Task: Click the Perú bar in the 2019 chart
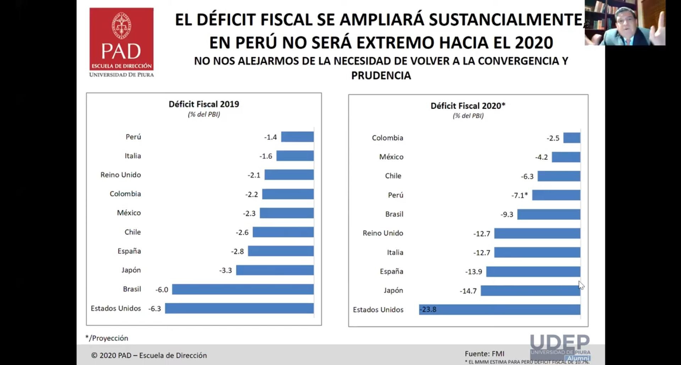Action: pos(297,137)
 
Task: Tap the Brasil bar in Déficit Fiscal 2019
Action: pos(243,289)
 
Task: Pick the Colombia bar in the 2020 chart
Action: pos(572,138)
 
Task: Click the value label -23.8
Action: pos(428,309)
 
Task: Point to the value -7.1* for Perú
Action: pos(520,195)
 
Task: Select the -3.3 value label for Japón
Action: pos(225,270)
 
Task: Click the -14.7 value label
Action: pos(468,291)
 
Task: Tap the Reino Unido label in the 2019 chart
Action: pos(121,175)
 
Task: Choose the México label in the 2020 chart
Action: pos(391,157)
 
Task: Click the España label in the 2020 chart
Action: pos(391,271)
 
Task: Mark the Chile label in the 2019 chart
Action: pos(132,232)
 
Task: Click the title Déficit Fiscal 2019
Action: pos(204,104)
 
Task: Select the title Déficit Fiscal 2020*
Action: pos(468,105)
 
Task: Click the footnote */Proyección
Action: pos(107,338)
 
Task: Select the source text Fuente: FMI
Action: pos(484,354)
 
